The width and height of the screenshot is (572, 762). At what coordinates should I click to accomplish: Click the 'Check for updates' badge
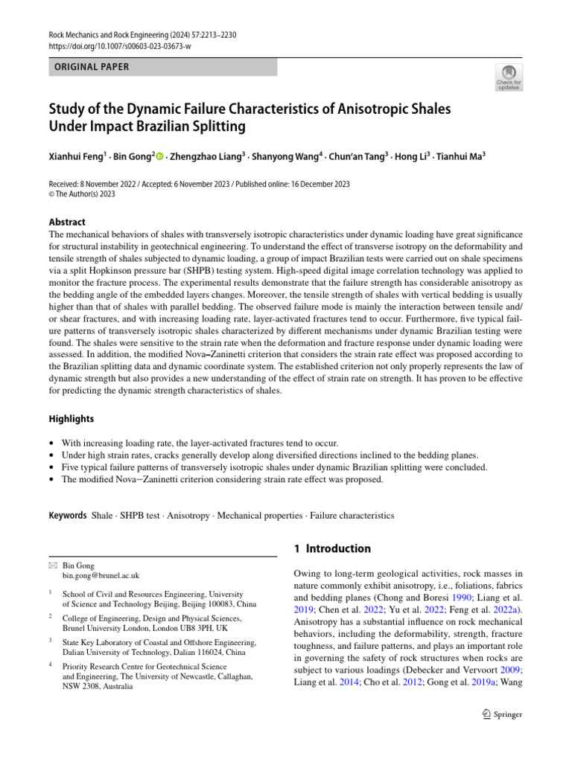(509, 77)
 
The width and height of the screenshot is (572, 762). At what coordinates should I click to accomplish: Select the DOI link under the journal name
(120, 45)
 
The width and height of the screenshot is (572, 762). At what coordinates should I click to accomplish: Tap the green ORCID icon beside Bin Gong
(159, 156)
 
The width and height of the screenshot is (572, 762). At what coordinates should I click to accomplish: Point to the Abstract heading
(66, 222)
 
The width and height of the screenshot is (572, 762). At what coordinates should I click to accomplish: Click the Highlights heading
(71, 419)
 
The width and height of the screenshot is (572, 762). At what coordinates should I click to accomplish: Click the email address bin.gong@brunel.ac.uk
(101, 576)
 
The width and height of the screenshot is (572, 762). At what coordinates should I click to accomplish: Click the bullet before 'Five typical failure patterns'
(51, 467)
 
